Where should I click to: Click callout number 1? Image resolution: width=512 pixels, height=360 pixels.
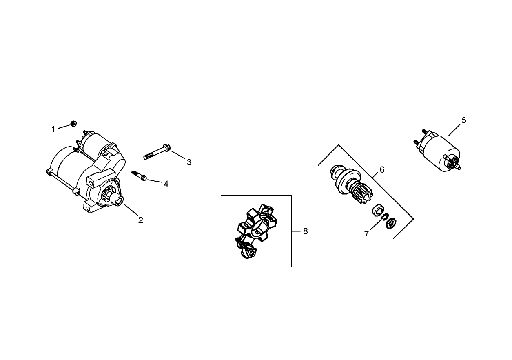[x=53, y=129]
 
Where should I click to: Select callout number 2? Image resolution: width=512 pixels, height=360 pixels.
[x=140, y=220]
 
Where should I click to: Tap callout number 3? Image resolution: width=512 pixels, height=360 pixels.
[x=189, y=162]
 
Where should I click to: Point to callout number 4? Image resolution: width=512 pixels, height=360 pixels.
[x=166, y=184]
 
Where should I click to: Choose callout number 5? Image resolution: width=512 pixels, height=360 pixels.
[x=464, y=120]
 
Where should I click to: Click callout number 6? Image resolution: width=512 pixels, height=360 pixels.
[x=382, y=169]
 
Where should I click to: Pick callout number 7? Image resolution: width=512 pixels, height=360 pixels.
[x=366, y=234]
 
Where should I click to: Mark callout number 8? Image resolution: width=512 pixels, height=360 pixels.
[x=305, y=231]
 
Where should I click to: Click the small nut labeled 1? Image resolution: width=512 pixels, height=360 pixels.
[x=74, y=123]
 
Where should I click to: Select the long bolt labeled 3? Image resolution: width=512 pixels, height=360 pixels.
[x=157, y=151]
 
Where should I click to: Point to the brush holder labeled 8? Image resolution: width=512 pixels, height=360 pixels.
[x=256, y=233]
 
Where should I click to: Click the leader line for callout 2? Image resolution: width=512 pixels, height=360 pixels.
[x=131, y=210]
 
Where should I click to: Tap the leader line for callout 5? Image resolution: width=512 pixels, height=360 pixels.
[x=455, y=130]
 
